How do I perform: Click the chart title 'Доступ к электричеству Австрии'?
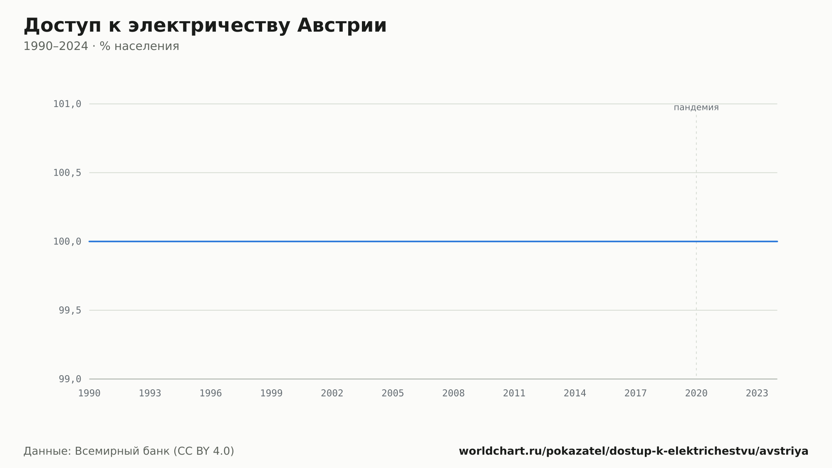(205, 26)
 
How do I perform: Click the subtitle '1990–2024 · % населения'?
(101, 46)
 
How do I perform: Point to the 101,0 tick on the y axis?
(67, 104)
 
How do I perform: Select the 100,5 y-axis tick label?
(67, 173)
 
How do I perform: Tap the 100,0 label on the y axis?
(67, 241)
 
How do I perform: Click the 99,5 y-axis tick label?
(70, 310)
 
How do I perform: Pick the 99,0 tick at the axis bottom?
(70, 379)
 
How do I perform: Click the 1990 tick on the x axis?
(89, 393)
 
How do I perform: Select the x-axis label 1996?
(211, 393)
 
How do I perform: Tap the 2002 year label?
(332, 393)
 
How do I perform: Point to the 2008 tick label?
(453, 393)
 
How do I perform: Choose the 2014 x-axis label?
(575, 393)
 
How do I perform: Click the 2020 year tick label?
(696, 393)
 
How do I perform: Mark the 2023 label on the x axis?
(757, 393)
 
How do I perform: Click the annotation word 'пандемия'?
(696, 107)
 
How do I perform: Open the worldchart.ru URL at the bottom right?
(634, 451)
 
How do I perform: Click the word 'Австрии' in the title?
(342, 26)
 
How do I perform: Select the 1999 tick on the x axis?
(272, 393)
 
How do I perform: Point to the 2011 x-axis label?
(514, 393)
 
